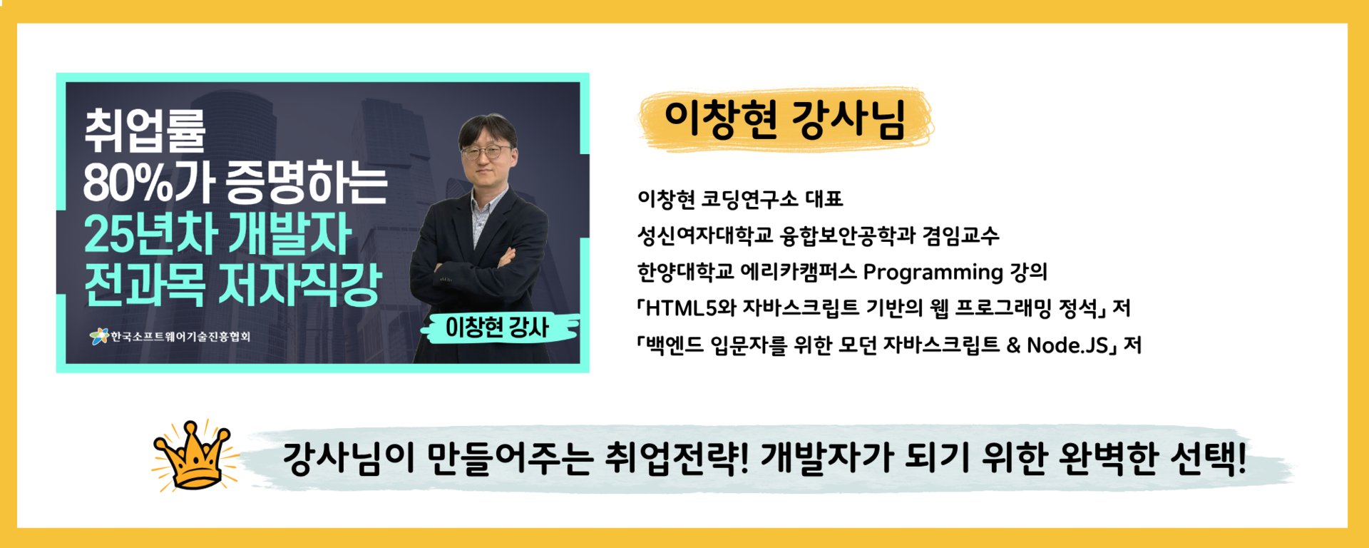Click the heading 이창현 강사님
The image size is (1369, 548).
[x=785, y=119]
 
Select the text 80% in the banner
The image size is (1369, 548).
[x=128, y=183]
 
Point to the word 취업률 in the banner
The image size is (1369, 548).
[x=145, y=131]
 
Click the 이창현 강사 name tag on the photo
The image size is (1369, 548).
[x=497, y=328]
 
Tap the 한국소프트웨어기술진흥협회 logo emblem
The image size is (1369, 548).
[x=99, y=336]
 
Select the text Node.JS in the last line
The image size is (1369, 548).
[x=1068, y=345]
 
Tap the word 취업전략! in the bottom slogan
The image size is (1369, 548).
[x=677, y=458]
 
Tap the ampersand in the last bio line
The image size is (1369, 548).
[x=1013, y=345]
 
